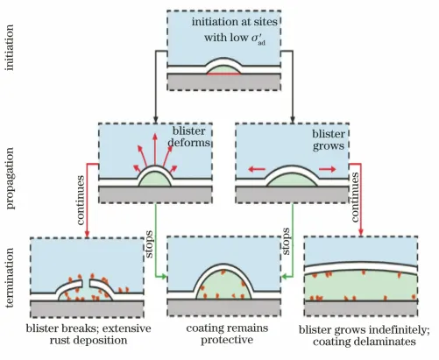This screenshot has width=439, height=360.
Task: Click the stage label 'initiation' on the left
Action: click(x=10, y=47)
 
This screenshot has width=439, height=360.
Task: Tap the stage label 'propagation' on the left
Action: click(x=10, y=178)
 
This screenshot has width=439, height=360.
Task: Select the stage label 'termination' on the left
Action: click(x=10, y=278)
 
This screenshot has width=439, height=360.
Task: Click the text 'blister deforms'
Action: click(x=189, y=137)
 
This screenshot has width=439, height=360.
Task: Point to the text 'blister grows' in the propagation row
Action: click(x=329, y=140)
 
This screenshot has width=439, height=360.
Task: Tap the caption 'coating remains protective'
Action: click(x=227, y=334)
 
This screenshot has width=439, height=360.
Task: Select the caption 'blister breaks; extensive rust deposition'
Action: click(x=89, y=335)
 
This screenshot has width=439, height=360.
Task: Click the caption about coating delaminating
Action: click(x=365, y=335)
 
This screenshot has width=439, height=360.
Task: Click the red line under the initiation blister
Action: click(x=223, y=74)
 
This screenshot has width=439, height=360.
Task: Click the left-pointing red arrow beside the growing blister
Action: click(x=257, y=169)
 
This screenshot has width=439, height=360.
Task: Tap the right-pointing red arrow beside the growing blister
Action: click(x=328, y=169)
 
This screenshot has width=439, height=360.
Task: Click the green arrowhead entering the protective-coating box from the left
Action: click(x=164, y=276)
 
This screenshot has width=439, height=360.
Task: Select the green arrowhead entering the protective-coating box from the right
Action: click(x=285, y=276)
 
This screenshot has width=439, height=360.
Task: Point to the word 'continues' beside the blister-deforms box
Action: click(x=81, y=200)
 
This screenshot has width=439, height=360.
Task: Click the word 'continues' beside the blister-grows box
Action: click(x=354, y=197)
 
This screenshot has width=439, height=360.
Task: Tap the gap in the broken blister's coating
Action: click(x=86, y=284)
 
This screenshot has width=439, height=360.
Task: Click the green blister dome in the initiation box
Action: click(x=223, y=70)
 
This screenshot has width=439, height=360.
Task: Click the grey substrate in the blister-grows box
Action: click(x=292, y=194)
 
